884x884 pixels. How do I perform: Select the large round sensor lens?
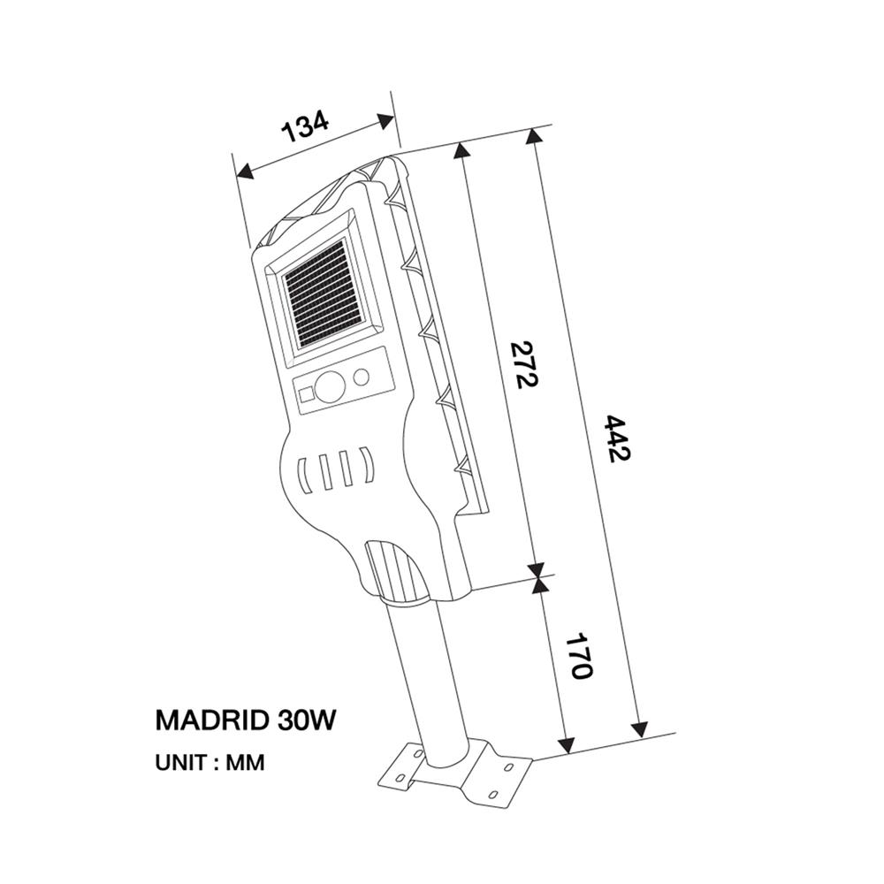pos(332,386)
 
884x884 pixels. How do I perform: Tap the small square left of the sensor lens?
pos(306,395)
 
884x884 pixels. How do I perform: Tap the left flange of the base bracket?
pos(402,767)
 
